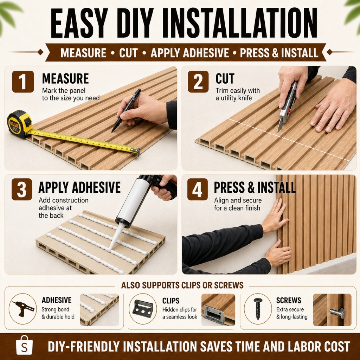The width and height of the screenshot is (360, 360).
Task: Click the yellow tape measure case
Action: pyautogui.click(x=20, y=124)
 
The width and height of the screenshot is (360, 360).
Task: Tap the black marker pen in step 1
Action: pyautogui.click(x=126, y=110)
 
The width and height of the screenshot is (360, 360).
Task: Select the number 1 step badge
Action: pyautogui.click(x=23, y=82)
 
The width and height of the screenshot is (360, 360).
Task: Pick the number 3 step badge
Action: pyautogui.click(x=22, y=189)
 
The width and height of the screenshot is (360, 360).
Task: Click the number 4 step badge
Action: pyautogui.click(x=198, y=189)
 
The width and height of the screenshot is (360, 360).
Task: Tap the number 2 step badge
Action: pyautogui.click(x=198, y=82)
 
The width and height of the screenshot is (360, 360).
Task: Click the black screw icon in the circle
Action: pyautogui.click(x=258, y=309)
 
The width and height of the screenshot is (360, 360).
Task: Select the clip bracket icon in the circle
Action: pyautogui.click(x=143, y=309)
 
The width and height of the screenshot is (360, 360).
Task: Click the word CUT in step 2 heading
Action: pyautogui.click(x=225, y=78)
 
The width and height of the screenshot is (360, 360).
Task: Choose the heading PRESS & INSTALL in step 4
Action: pyautogui.click(x=255, y=188)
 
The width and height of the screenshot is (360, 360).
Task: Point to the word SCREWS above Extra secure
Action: pyautogui.click(x=289, y=300)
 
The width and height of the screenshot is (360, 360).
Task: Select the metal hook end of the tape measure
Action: pyautogui.click(x=136, y=150)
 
